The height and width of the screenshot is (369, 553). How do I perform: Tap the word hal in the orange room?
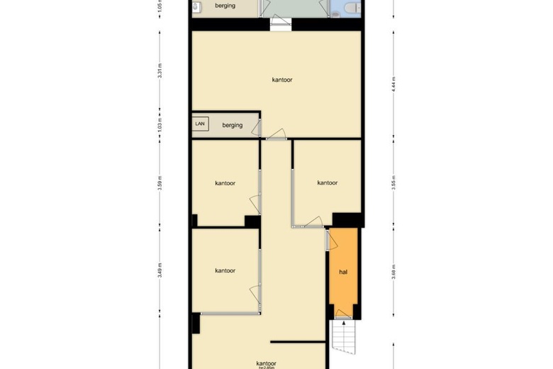click(343, 272)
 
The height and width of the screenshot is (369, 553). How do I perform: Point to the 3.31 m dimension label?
click(160, 72)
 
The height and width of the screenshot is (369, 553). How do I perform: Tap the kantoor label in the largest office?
click(282, 79)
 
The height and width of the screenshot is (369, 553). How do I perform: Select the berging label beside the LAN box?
click(233, 125)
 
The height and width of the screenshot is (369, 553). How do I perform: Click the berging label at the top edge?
click(225, 6)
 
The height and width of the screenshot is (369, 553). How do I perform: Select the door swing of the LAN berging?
click(276, 133)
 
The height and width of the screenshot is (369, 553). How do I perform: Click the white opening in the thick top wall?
click(280, 24)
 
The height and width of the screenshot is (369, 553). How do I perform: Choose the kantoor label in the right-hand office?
click(328, 182)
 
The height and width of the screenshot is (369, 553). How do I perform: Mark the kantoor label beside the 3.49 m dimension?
click(225, 270)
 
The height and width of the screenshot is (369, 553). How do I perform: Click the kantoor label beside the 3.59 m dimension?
click(225, 182)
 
